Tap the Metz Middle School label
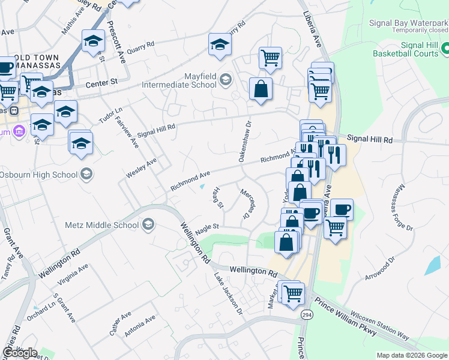point(101,226)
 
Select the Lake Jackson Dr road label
point(229,294)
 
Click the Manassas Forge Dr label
point(405,208)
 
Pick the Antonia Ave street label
point(140,326)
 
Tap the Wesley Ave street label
point(141,168)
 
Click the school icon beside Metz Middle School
point(148,226)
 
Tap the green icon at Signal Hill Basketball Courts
point(445,47)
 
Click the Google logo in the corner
point(20,353)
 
